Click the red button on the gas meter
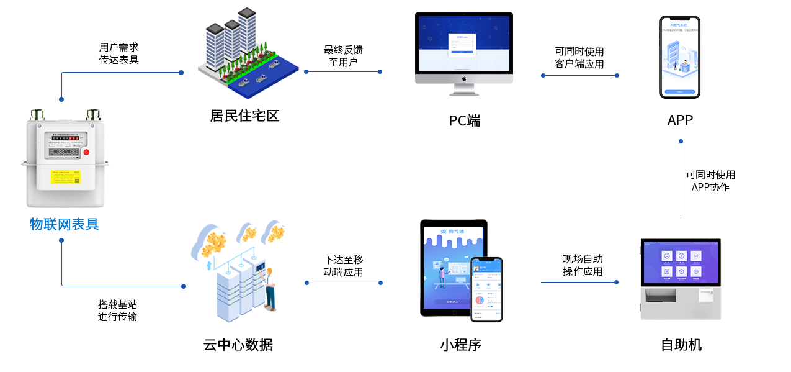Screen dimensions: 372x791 86,152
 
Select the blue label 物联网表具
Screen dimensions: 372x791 65,224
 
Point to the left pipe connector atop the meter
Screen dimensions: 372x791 37,115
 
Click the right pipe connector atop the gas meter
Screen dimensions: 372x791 94,115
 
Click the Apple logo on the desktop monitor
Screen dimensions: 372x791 463,79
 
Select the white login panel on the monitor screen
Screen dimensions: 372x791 462,43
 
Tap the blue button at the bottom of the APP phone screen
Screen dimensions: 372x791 679,91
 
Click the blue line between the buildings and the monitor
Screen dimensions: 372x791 342,71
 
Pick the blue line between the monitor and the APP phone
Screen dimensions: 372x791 579,75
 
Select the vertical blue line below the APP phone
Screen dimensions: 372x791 681,176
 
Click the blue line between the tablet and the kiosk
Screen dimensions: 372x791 581,282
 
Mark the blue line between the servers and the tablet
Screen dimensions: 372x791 343,283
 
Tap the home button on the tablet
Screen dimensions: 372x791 453,315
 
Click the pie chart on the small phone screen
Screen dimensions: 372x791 480,301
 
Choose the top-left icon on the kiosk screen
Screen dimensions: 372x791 666,256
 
